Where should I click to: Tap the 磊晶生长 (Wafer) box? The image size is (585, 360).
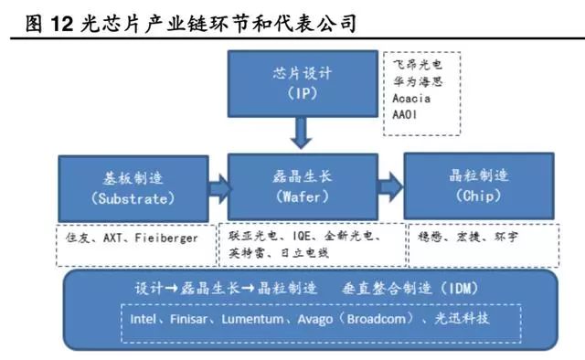pyautogui.click(x=301, y=188)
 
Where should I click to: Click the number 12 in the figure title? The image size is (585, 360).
pyautogui.click(x=55, y=21)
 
